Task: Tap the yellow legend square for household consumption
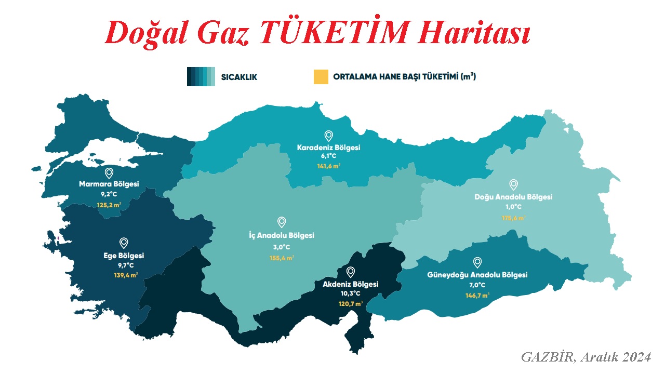(x=321, y=76)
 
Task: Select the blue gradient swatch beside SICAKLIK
(x=201, y=76)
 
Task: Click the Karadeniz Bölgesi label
(x=328, y=148)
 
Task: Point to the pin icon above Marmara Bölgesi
(x=109, y=173)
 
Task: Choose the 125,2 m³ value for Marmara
(x=109, y=205)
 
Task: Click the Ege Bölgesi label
(x=124, y=256)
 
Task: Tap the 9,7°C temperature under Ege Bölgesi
(x=124, y=265)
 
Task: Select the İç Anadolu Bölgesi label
(x=282, y=235)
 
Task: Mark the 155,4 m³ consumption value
(x=281, y=257)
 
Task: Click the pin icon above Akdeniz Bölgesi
(x=351, y=272)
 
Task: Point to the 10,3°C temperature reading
(x=351, y=293)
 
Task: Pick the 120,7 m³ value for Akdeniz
(x=351, y=303)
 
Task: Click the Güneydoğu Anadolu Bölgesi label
(x=477, y=275)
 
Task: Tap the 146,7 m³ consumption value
(x=477, y=296)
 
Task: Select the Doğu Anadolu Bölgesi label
(x=513, y=197)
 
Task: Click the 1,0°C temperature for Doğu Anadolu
(x=513, y=207)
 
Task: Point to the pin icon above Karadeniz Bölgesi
(x=328, y=136)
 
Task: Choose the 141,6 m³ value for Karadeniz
(x=328, y=167)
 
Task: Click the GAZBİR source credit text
(x=586, y=357)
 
